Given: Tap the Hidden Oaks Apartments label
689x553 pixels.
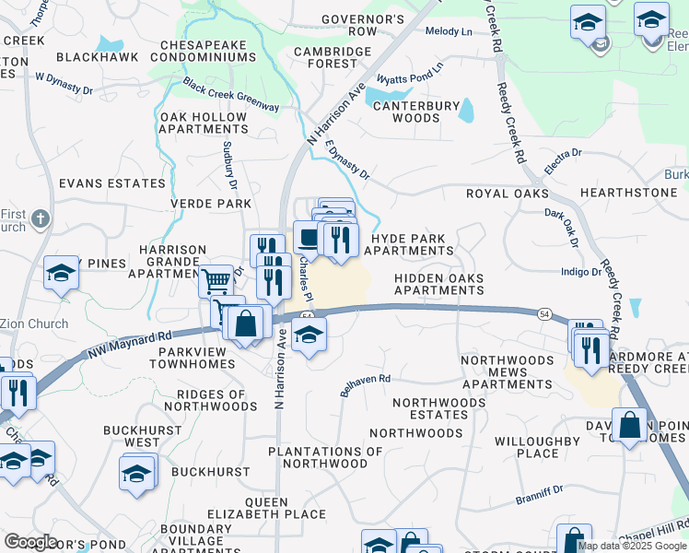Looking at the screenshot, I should tap(438, 284).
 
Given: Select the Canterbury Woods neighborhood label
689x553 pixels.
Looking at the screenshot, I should tap(415, 112).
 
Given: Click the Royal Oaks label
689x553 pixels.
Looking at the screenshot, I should tap(507, 194).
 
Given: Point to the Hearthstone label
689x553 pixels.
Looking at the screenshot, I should tap(628, 193).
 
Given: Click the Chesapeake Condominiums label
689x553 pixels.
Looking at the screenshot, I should tap(207, 51).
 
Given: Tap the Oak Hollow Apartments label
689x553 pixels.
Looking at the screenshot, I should tap(204, 123).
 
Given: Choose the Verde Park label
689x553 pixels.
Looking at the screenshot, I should tap(210, 203).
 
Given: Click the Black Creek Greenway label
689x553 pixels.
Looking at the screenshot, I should tap(230, 95).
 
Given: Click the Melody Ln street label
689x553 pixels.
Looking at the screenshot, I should tap(449, 31).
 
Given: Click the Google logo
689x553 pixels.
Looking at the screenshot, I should tap(30, 542).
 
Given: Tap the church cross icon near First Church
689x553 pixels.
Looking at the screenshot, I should tap(40, 218).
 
